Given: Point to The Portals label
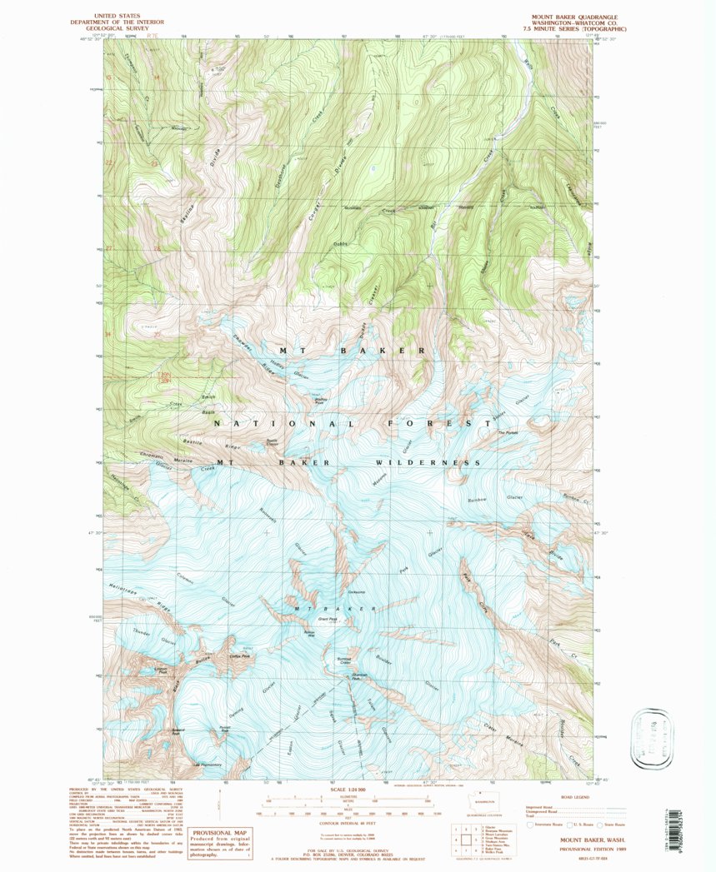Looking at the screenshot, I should (508, 432).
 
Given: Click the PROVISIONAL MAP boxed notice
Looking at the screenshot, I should (219, 843).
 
